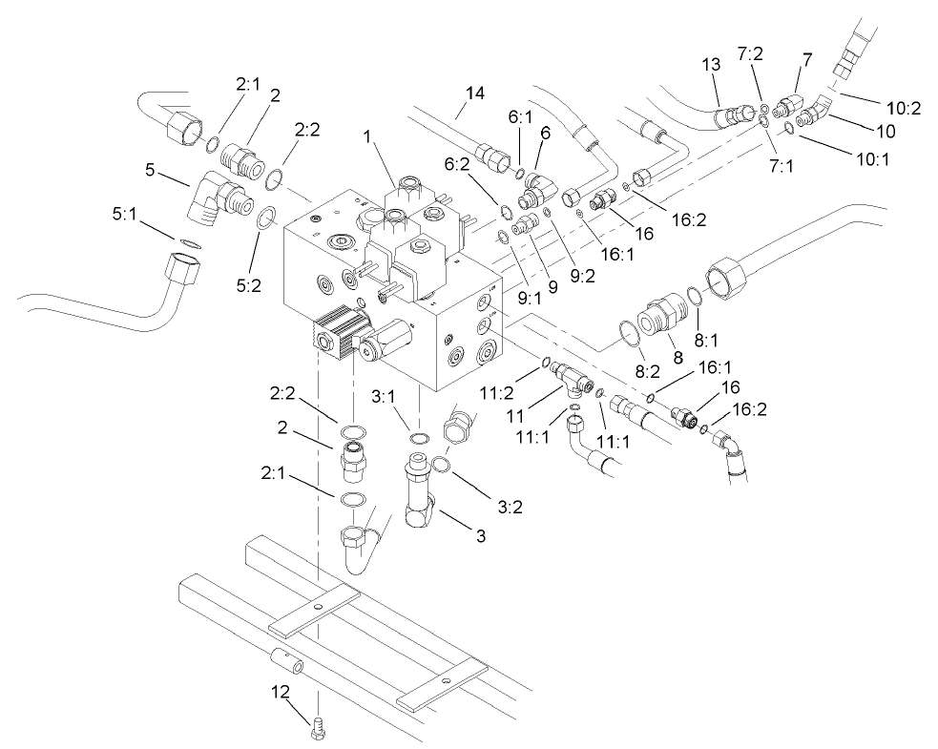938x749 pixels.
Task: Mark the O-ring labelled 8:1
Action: tap(694, 295)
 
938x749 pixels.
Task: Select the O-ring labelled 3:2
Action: tap(442, 465)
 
